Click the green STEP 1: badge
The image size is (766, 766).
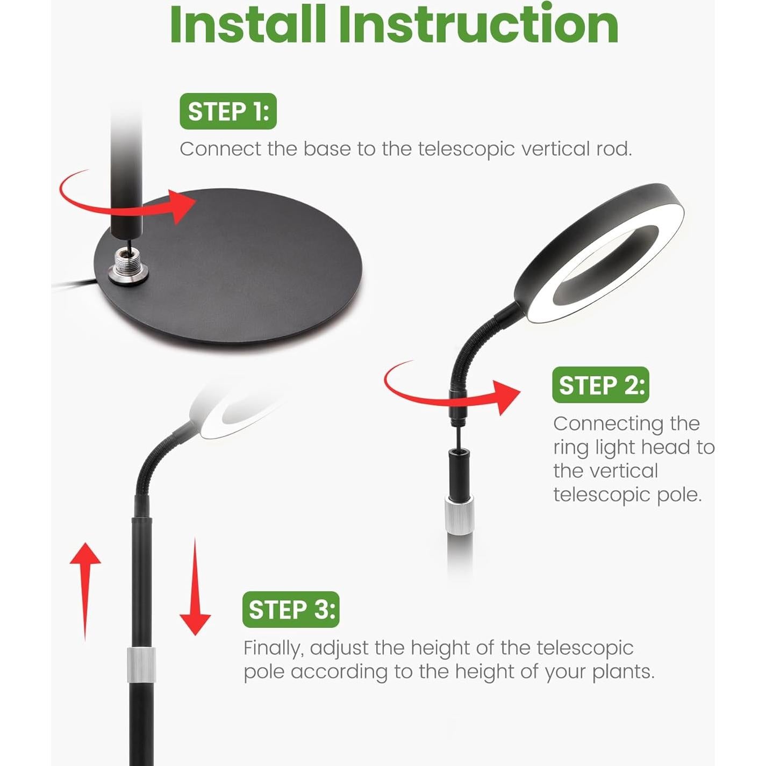coord(228,111)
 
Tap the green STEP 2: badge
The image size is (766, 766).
coord(600,385)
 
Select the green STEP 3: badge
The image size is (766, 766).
coord(291,610)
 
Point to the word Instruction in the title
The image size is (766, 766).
coord(478,25)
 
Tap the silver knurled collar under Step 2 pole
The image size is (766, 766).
coord(460,515)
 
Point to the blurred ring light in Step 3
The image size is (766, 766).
coord(231,411)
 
